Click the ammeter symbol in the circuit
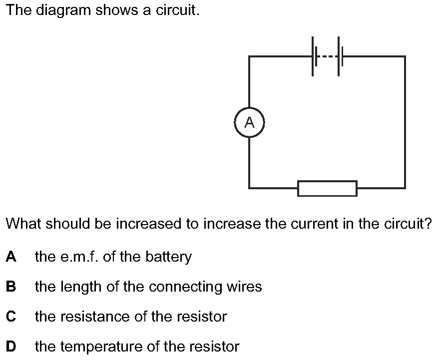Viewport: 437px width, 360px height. click(x=249, y=122)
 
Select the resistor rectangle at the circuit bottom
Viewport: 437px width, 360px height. click(x=327, y=188)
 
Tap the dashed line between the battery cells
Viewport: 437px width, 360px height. click(x=327, y=56)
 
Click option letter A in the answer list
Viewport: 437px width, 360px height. click(x=10, y=257)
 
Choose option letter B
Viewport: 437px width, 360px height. click(x=10, y=287)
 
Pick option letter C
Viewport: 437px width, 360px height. click(x=10, y=317)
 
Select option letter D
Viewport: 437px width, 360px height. click(x=10, y=346)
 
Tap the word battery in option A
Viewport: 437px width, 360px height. click(x=169, y=258)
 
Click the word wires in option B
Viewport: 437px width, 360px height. click(x=244, y=287)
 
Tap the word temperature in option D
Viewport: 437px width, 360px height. click(x=98, y=347)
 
